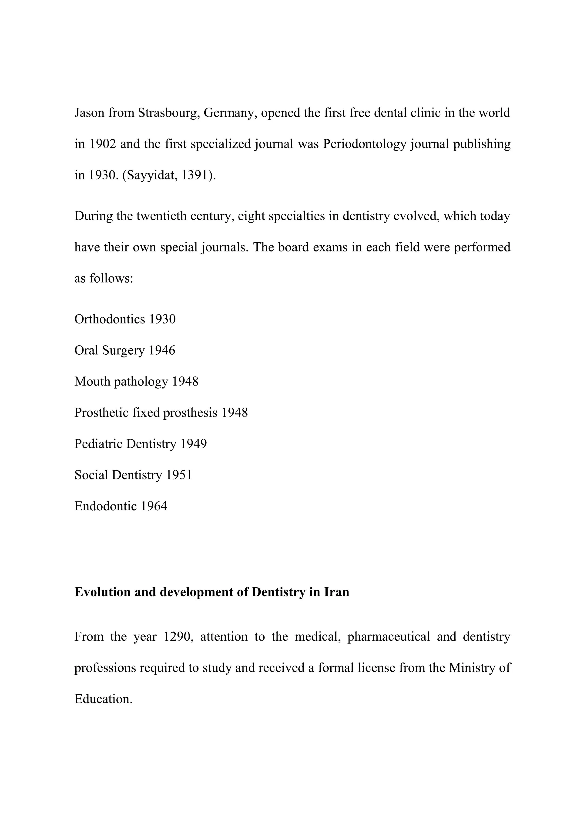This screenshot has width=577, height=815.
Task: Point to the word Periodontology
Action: click(365, 144)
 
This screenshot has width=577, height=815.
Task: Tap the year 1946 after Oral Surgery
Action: click(162, 350)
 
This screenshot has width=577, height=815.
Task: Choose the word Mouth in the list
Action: click(92, 382)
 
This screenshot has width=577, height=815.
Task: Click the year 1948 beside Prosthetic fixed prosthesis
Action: click(235, 412)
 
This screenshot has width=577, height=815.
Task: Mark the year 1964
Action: click(154, 506)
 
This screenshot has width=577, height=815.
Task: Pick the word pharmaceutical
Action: click(389, 637)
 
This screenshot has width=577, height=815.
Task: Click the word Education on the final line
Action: click(103, 699)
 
